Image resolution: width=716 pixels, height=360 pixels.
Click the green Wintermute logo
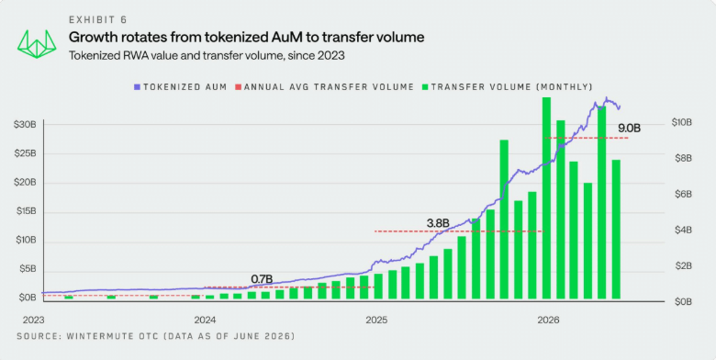37,44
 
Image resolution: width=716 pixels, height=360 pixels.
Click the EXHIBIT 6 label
97,19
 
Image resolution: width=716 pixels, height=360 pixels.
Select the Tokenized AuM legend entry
180,87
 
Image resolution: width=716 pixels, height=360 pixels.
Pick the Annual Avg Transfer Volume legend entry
324,87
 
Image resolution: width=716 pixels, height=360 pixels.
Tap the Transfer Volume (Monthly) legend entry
507,87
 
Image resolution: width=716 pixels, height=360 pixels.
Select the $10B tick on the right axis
682,122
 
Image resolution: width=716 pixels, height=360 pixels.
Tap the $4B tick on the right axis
682,230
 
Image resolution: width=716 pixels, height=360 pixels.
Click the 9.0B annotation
629,129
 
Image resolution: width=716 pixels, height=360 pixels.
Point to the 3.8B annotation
439,223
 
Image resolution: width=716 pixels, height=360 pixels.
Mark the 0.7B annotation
263,278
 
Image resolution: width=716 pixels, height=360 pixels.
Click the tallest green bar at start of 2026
546,199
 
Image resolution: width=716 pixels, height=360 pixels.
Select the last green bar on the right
616,231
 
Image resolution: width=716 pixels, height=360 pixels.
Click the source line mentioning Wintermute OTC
156,337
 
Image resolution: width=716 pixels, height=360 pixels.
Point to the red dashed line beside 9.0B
587,138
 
